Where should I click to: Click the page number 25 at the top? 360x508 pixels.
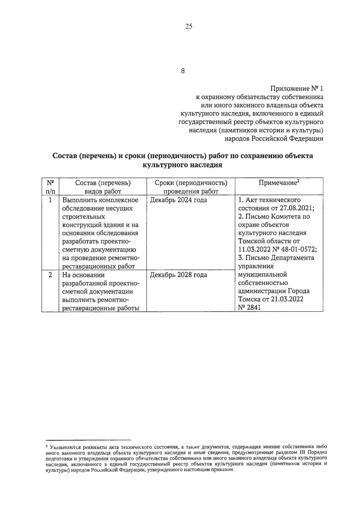189,27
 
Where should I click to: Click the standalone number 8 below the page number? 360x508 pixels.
183,71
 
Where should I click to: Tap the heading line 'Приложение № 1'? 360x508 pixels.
297,88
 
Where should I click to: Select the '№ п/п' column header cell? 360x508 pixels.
51,187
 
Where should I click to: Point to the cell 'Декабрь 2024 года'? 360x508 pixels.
179,200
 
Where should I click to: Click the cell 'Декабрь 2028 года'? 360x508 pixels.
179,275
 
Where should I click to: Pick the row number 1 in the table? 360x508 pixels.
50,200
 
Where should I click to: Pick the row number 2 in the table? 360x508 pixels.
50,275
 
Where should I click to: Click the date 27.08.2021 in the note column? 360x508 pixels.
296,208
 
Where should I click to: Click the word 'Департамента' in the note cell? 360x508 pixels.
292,258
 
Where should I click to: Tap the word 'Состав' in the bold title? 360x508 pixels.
64,156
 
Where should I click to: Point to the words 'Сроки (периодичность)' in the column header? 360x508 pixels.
191,183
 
